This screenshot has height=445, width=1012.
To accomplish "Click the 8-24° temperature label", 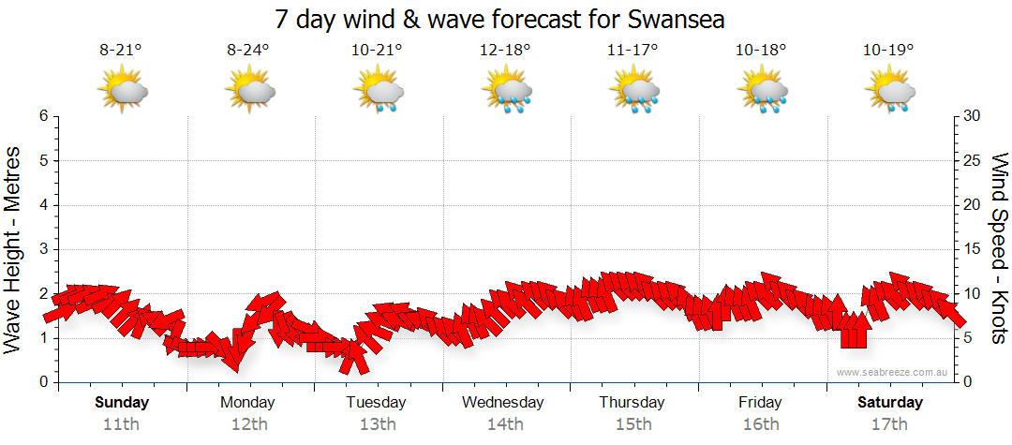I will click(x=248, y=51).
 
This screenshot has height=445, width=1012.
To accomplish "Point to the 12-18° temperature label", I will click(x=505, y=51).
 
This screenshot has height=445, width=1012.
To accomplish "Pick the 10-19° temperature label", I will click(x=888, y=51).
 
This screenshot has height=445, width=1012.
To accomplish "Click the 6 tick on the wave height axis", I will click(x=43, y=116).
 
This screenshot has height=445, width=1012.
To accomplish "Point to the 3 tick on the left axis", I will click(x=43, y=249).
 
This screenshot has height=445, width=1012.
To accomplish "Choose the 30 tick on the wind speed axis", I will click(x=973, y=116).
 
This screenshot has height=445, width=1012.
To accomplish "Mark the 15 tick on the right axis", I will click(x=973, y=249).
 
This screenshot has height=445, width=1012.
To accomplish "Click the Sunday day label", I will click(x=121, y=403).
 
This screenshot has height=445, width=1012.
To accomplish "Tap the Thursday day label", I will click(x=632, y=403).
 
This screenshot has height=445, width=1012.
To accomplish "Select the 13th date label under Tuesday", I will click(x=377, y=424).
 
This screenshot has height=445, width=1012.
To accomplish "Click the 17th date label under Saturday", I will click(x=890, y=424).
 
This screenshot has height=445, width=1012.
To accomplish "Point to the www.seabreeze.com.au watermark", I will click(x=893, y=373).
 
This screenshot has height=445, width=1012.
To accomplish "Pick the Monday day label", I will click(x=248, y=403).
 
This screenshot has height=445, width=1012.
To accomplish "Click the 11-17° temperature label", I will click(x=633, y=51).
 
